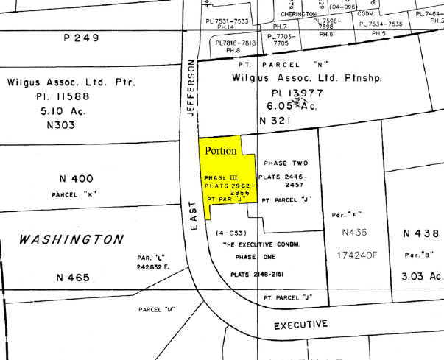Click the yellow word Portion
(220, 151)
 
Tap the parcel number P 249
(82, 38)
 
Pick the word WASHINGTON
(71, 239)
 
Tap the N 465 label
(73, 278)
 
